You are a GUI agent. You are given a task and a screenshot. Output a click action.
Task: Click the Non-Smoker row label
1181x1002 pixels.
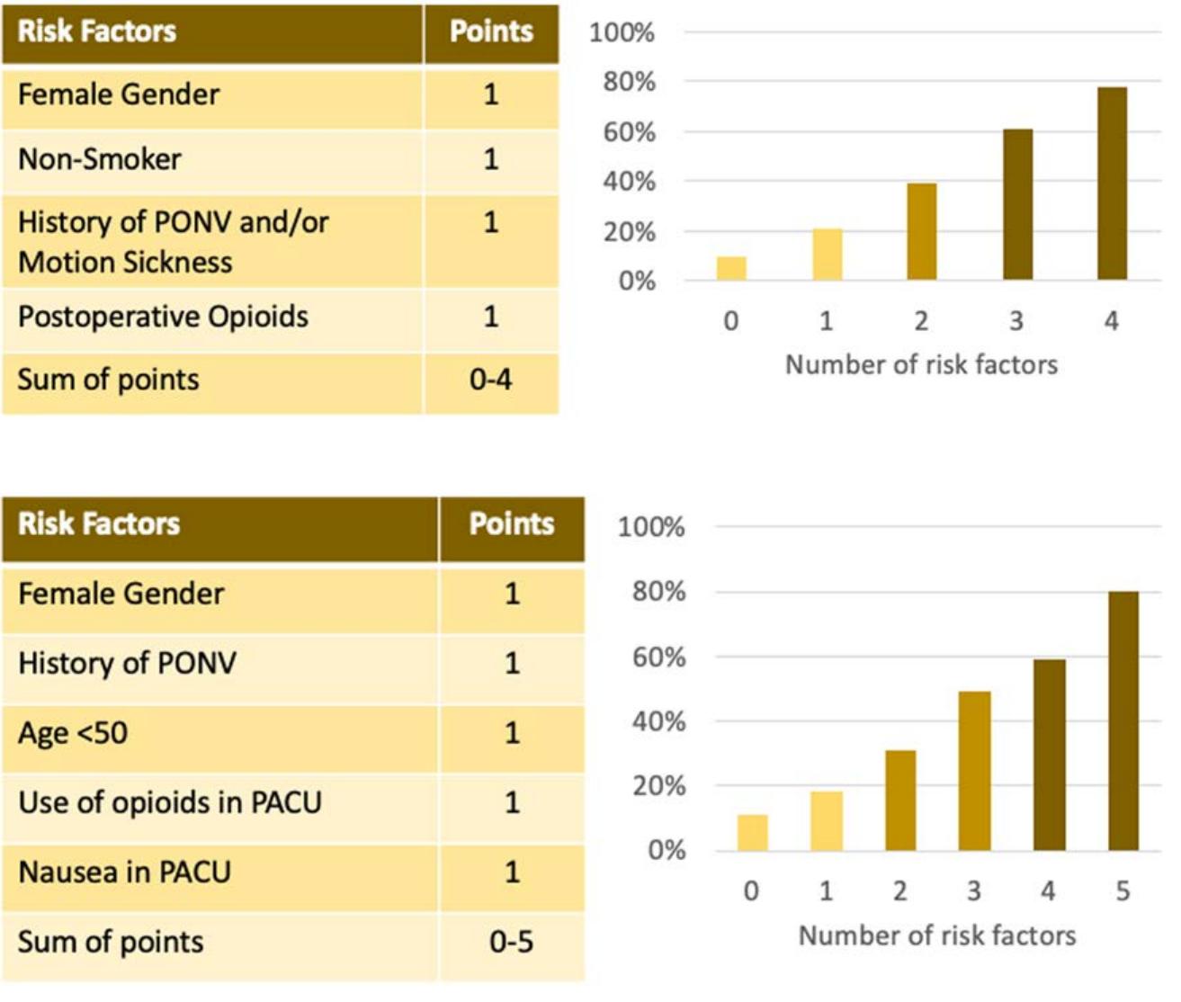[100, 159]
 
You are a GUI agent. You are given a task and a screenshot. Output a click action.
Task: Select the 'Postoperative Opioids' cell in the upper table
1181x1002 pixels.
[163, 317]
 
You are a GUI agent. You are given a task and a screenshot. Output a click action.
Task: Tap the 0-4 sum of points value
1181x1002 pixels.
[490, 380]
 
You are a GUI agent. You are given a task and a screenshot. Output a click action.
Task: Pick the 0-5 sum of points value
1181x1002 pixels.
[511, 942]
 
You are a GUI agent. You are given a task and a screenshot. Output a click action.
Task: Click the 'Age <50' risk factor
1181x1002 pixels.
[73, 732]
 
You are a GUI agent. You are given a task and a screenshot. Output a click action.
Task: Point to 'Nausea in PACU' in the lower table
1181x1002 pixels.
[124, 872]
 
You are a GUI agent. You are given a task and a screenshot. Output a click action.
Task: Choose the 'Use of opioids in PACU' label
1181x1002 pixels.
[169, 801]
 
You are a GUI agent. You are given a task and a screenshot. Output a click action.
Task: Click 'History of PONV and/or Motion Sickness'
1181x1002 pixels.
[173, 241]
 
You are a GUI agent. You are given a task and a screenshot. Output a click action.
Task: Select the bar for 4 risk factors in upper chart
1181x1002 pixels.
[1112, 183]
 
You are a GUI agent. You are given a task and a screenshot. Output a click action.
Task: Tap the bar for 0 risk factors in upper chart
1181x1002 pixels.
[731, 268]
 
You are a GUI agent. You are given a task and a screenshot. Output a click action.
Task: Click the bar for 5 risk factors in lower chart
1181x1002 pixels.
[1123, 720]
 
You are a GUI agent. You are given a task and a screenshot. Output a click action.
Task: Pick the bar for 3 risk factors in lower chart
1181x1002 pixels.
[974, 771]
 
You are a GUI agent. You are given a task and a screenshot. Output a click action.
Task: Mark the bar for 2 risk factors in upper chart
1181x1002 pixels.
[921, 231]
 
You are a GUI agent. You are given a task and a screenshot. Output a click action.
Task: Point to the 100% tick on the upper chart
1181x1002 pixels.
[622, 33]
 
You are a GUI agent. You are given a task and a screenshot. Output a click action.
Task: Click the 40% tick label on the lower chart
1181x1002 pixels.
[658, 721]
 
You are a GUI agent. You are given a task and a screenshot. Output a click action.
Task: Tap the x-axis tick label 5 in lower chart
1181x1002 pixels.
[1123, 890]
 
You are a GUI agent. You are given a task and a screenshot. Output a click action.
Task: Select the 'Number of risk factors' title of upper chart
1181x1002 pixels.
[921, 364]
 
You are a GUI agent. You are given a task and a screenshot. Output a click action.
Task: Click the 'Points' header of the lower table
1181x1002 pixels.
[511, 524]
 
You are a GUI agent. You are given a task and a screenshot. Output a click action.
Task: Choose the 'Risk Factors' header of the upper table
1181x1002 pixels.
[97, 31]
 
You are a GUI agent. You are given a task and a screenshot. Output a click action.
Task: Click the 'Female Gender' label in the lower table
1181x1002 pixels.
[121, 594]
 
